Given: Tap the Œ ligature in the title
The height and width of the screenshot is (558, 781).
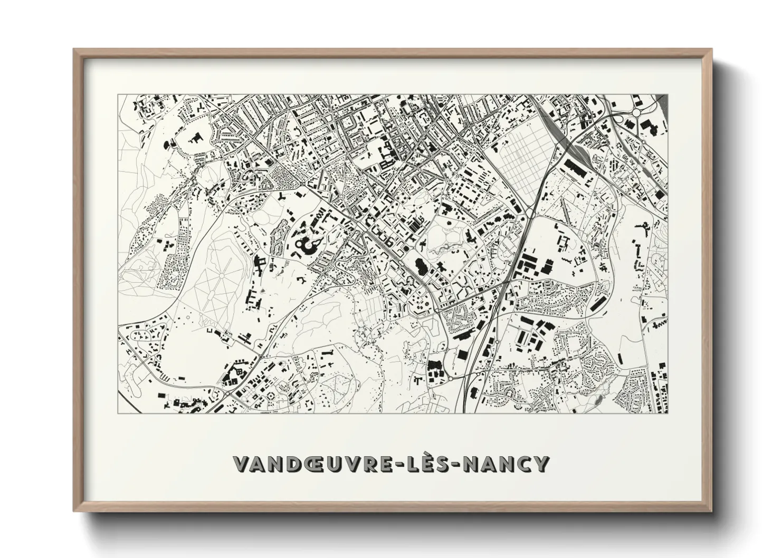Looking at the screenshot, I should point(320,465).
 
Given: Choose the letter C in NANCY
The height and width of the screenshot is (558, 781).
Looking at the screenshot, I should point(522,465).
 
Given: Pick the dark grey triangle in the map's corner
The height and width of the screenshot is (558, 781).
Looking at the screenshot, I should point(664,103).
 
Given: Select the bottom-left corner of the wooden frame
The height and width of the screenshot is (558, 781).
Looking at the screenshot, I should point(74,511).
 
